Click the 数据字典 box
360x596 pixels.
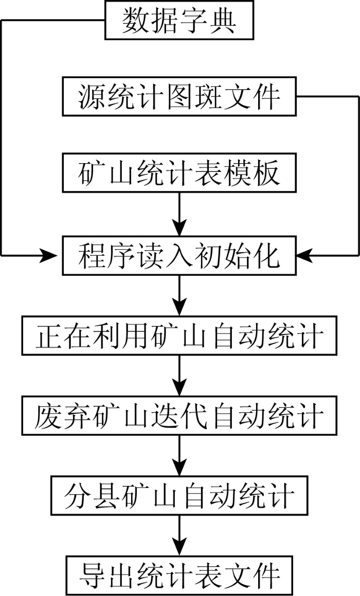pyautogui.click(x=179, y=21)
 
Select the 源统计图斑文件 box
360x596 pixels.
pyautogui.click(x=179, y=96)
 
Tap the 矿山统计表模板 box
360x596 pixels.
pyautogui.click(x=179, y=172)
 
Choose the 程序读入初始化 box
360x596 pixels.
pyautogui.click(x=179, y=255)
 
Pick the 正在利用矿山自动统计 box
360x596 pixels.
pyautogui.click(x=179, y=335)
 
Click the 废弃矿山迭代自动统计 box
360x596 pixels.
pyautogui.click(x=179, y=415)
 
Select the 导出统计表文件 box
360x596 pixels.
pyautogui.click(x=179, y=575)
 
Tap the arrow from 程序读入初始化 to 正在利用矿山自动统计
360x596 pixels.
pyautogui.click(x=179, y=295)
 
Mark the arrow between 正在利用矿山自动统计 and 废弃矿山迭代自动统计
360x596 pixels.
pyautogui.click(x=179, y=376)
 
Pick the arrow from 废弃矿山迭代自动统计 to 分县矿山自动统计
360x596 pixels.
pyautogui.click(x=179, y=455)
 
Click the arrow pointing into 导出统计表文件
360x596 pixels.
pyautogui.click(x=179, y=536)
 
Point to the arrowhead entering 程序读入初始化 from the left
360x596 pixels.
pyautogui.click(x=50, y=255)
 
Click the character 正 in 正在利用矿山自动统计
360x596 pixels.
pyautogui.click(x=49, y=336)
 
